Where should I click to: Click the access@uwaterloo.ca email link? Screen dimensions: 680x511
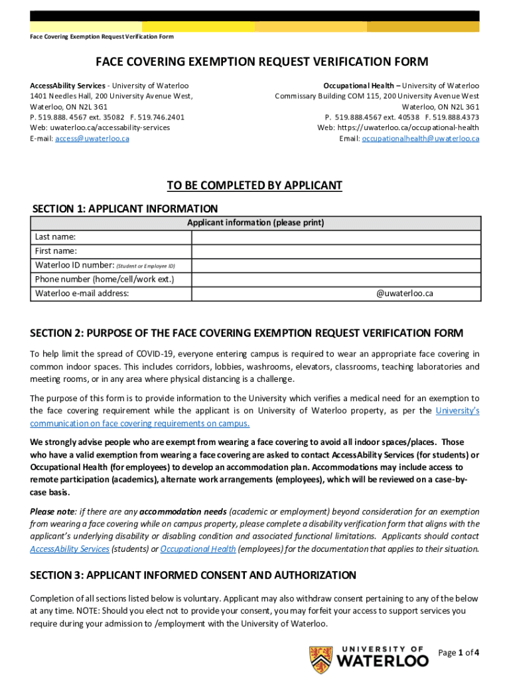click(x=92, y=138)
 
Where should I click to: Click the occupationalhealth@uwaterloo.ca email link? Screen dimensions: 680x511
click(x=420, y=138)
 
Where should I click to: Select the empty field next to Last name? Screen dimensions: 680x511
click(x=336, y=237)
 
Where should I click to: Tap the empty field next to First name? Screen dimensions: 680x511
click(x=336, y=251)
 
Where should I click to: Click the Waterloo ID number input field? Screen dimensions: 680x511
click(x=336, y=265)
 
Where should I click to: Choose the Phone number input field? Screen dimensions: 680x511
click(x=336, y=279)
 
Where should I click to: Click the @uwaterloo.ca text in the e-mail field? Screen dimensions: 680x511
click(x=404, y=293)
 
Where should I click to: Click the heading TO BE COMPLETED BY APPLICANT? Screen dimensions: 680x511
click(x=254, y=185)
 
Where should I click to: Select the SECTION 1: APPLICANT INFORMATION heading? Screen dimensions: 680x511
click(x=125, y=209)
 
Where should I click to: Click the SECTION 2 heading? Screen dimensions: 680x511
click(x=247, y=333)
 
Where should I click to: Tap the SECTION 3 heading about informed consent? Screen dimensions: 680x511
click(x=193, y=575)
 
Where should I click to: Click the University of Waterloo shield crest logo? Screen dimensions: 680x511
click(x=322, y=659)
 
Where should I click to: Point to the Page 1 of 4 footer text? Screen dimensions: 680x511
click(x=459, y=653)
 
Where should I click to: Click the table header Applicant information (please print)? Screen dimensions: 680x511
click(x=256, y=223)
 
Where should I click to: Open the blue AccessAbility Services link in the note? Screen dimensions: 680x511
click(x=70, y=549)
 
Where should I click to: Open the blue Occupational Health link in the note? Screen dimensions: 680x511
click(x=198, y=549)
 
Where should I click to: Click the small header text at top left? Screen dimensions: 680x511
click(x=102, y=37)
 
